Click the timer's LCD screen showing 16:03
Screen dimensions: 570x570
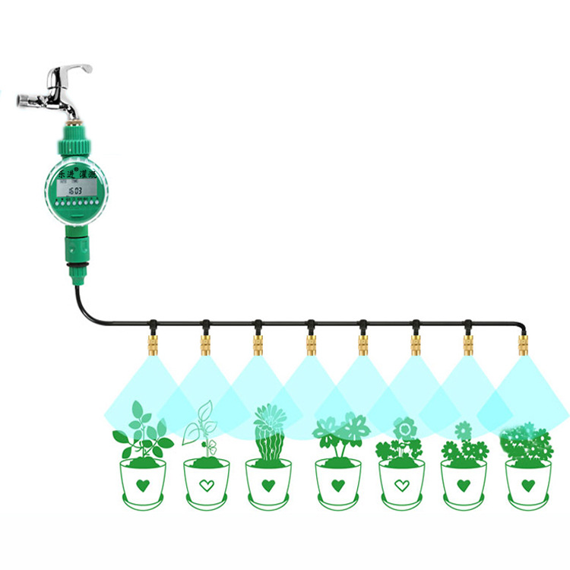tap(73, 190)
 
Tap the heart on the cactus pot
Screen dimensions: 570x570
tap(268, 484)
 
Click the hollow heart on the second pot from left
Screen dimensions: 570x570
tap(205, 484)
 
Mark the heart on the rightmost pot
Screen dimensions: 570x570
tap(528, 484)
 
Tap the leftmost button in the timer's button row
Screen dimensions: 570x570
tap(55, 204)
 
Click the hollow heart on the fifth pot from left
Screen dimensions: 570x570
tap(401, 485)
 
